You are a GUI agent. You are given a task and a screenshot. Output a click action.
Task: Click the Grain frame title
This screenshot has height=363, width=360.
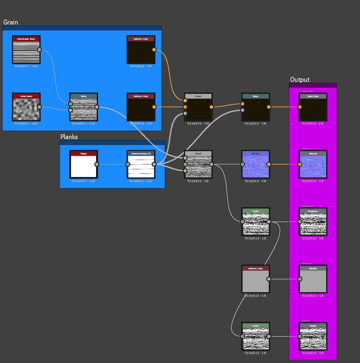tap(11, 22)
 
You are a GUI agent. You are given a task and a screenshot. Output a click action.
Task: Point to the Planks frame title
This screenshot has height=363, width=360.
tap(69, 137)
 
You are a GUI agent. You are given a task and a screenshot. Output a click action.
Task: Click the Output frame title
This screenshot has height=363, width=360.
tap(300, 80)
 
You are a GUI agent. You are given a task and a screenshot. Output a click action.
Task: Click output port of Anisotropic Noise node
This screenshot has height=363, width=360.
tap(39, 50)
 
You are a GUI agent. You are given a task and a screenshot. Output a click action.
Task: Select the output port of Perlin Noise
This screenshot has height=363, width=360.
tap(39, 107)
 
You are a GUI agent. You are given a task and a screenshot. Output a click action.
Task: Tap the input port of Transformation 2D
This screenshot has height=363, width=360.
tap(128, 164)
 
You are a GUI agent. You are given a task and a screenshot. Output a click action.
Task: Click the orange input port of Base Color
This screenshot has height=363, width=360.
tap(300, 107)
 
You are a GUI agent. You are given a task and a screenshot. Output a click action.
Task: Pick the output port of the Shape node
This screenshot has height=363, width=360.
tap(97, 164)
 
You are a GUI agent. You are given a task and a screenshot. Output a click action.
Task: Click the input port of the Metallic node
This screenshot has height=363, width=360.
tap(300, 279)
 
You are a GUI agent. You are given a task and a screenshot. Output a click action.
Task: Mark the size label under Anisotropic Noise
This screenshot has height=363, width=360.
tap(26, 66)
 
